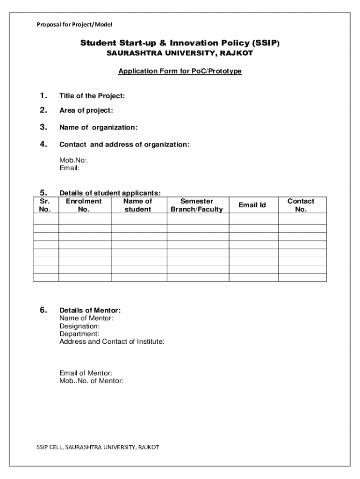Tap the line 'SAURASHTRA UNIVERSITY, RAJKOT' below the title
click(180, 53)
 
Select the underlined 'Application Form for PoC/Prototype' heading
click(180, 72)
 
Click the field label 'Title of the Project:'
click(92, 96)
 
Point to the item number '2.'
click(43, 110)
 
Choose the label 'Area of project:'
click(86, 111)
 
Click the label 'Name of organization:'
click(98, 128)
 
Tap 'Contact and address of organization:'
click(124, 145)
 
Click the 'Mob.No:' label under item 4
click(73, 160)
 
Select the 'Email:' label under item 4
click(70, 168)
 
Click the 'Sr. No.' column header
click(45, 205)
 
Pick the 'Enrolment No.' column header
click(84, 205)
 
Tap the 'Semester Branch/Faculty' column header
click(197, 205)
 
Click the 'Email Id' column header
click(252, 205)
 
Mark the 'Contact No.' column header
click(301, 205)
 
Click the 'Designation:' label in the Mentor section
click(79, 326)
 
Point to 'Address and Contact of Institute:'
click(112, 342)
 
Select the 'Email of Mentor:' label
click(86, 373)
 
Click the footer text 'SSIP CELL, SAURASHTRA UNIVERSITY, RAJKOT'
click(98, 447)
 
